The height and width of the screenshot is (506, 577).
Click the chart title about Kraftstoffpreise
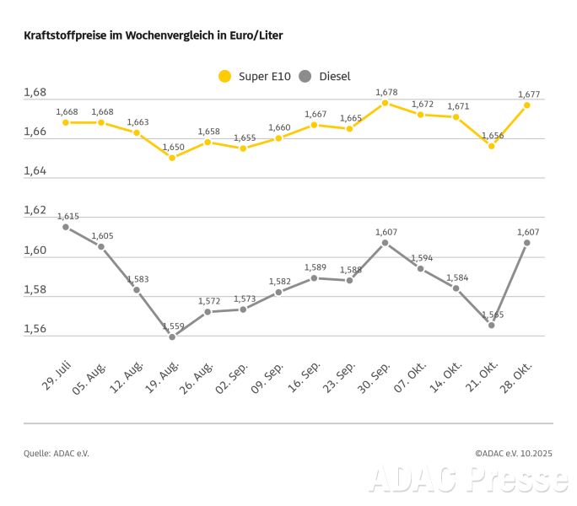pos(154,36)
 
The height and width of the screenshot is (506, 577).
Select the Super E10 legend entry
pos(255,77)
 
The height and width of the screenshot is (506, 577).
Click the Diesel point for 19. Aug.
pos(172,336)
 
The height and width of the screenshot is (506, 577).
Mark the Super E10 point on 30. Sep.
pos(385,103)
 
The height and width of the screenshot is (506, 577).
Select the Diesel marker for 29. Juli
pos(66,227)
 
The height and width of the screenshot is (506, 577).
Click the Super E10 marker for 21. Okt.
pos(491,146)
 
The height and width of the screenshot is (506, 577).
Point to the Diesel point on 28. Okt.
pos(526,243)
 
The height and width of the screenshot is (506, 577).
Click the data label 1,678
pos(386,92)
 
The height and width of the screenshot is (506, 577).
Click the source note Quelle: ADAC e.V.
pos(56,453)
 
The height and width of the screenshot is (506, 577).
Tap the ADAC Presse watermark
pos(468,479)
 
